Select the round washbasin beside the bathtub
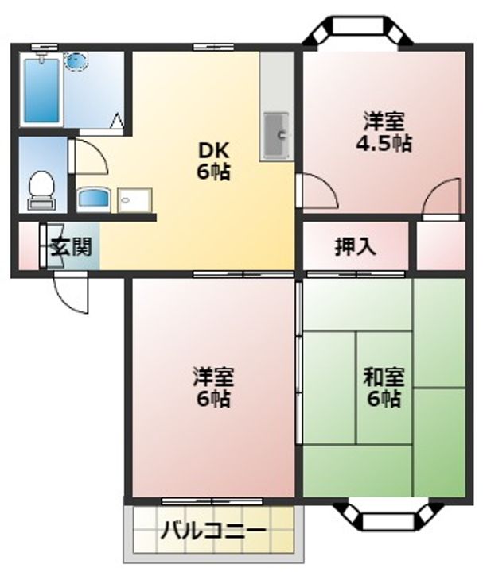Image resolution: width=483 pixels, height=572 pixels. [x=78, y=60]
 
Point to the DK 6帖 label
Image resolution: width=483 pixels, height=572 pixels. [x=213, y=160]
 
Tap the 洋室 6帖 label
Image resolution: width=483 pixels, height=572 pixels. [x=213, y=386]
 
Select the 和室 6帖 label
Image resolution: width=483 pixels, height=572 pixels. [x=384, y=386]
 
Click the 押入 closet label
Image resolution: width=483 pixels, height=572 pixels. [x=354, y=247]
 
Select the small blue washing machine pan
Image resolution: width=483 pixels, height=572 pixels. [x=95, y=198]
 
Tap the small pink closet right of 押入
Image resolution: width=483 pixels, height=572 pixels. [x=441, y=246]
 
